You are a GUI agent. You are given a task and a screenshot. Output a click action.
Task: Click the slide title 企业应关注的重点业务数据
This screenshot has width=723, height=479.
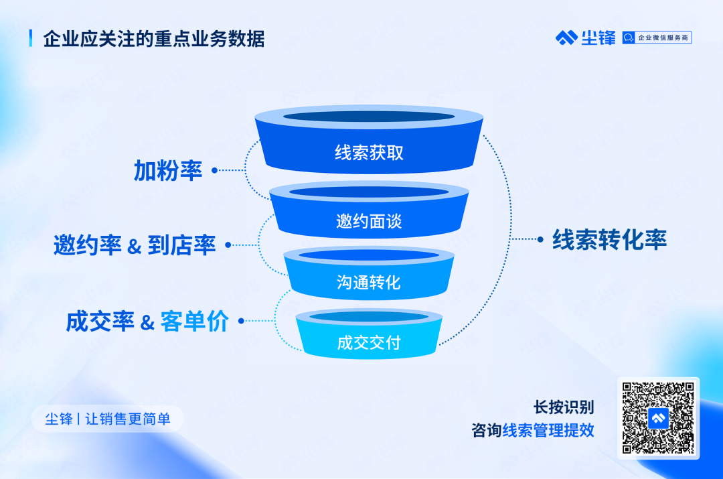pyautogui.click(x=154, y=40)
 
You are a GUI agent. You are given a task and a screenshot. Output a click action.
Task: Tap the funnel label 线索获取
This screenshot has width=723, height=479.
pyautogui.click(x=369, y=153)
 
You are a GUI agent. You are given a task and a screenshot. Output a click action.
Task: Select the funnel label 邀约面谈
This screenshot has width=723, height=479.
pyautogui.click(x=369, y=222)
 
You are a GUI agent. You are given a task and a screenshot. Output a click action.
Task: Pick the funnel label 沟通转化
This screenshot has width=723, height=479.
pyautogui.click(x=368, y=283)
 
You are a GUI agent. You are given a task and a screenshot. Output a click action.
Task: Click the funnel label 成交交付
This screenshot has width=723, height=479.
pyautogui.click(x=369, y=343)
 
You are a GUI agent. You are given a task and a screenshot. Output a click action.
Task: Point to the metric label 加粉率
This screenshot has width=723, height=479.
pyautogui.click(x=168, y=171)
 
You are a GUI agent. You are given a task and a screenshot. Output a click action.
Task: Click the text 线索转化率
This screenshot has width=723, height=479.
pyautogui.click(x=610, y=240)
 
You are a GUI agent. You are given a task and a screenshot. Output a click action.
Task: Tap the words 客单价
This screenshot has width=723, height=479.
pyautogui.click(x=194, y=321)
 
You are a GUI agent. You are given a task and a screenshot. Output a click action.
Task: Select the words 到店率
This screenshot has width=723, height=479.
pyautogui.click(x=181, y=245)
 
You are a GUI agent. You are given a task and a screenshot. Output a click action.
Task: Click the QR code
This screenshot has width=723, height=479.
pyautogui.click(x=658, y=418)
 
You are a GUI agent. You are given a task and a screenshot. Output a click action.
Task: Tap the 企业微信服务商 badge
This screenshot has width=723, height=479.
pyautogui.click(x=657, y=38)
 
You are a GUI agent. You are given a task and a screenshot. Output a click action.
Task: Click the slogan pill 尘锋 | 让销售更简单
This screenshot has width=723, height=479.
pyautogui.click(x=107, y=419)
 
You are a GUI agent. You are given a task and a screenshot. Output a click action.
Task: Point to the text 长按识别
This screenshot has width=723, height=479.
pyautogui.click(x=564, y=407)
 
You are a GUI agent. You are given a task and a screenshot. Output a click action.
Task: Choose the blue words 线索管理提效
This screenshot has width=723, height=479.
pyautogui.click(x=548, y=431)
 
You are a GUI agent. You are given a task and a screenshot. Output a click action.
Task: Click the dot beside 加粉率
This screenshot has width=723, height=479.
pyautogui.click(x=214, y=170)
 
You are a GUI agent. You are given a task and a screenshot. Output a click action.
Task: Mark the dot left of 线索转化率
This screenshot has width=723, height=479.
pyautogui.click(x=540, y=239)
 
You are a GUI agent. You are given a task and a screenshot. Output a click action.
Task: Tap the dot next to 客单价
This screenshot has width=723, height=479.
pyautogui.click(x=241, y=321)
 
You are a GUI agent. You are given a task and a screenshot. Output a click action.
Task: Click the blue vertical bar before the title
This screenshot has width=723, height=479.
pyautogui.click(x=31, y=38)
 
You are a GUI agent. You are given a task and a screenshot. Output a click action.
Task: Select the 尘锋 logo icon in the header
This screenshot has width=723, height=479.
pyautogui.click(x=566, y=38)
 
